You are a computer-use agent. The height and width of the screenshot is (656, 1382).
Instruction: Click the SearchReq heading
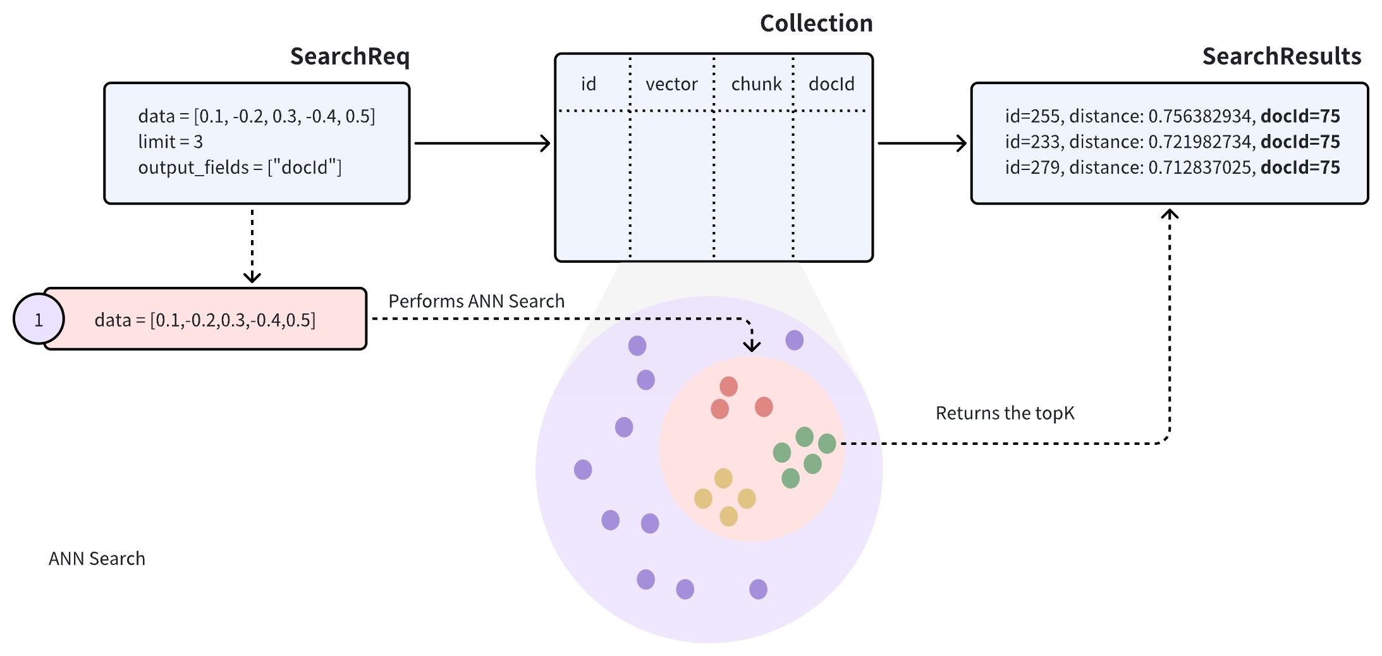[350, 56]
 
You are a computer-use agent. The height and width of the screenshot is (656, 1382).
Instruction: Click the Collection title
[816, 23]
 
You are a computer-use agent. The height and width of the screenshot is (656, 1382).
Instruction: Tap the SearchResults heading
[1281, 56]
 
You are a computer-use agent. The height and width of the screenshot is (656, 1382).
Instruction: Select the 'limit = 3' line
[171, 142]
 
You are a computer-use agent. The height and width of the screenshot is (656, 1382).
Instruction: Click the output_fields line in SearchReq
[240, 167]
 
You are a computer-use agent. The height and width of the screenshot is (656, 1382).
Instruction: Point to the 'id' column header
[589, 84]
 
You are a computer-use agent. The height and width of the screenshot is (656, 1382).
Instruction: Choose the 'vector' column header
[671, 84]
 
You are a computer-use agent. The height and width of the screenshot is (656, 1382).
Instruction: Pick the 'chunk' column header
[756, 84]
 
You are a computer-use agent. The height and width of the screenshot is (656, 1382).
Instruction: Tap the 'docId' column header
[831, 84]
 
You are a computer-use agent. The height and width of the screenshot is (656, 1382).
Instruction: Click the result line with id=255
[1172, 116]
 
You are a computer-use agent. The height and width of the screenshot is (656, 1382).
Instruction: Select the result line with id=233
[1172, 142]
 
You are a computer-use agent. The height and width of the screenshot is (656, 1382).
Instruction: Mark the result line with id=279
[1172, 167]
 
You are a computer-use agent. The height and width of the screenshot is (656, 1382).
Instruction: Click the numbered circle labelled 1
[39, 319]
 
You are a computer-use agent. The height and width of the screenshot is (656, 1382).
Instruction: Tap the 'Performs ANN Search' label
[476, 301]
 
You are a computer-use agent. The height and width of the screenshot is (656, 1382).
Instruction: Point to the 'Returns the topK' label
[1005, 413]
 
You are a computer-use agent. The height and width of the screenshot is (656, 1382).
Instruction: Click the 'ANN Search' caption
[97, 559]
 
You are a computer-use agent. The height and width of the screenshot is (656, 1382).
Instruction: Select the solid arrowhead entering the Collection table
[545, 143]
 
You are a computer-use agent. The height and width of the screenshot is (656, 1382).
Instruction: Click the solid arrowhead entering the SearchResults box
[961, 143]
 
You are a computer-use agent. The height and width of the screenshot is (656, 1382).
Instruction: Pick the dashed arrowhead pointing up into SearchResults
[1170, 214]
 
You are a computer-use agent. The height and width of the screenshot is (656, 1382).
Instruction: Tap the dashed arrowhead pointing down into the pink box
[252, 277]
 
